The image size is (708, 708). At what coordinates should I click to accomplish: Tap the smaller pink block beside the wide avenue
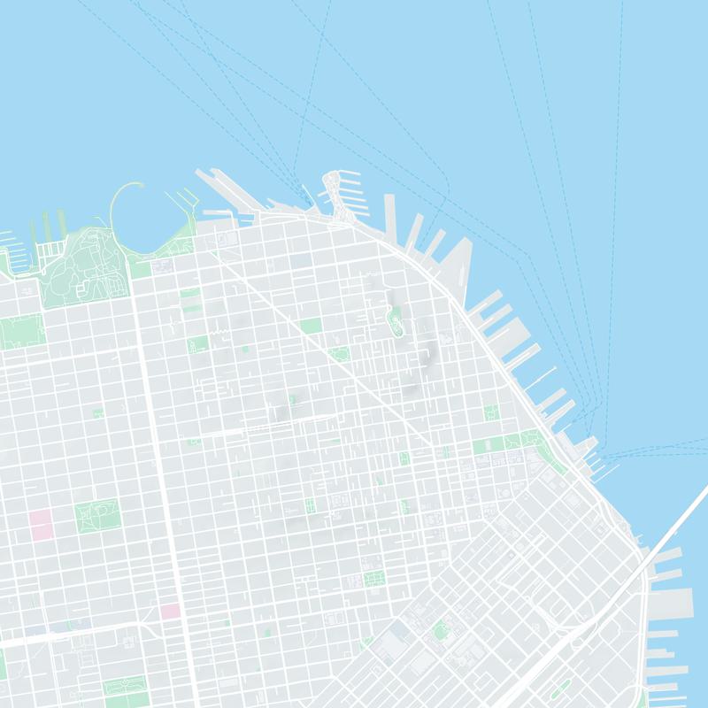pyautogui.click(x=169, y=611)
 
